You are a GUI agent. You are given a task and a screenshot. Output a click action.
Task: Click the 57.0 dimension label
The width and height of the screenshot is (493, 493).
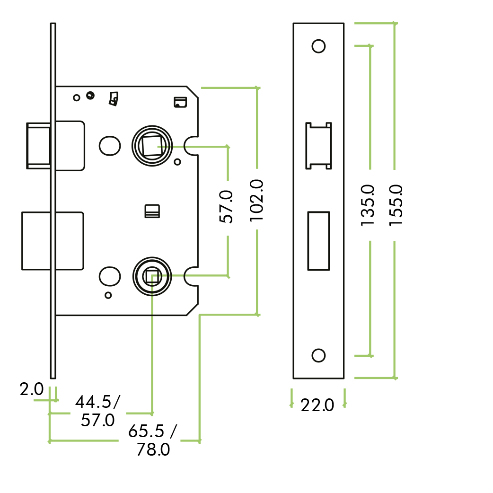click(x=227, y=207)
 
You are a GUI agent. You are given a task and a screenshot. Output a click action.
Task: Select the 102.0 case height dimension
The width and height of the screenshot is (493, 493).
click(x=256, y=201)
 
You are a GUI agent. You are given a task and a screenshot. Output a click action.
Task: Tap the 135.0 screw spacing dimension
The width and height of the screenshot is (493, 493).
click(x=368, y=205)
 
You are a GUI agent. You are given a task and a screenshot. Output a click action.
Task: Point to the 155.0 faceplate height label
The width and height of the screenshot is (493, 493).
click(x=395, y=204)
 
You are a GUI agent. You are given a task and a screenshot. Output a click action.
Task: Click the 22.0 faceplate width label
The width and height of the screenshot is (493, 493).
click(x=317, y=405)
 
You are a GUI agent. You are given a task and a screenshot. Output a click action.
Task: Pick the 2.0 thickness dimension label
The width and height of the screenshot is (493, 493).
click(x=32, y=390)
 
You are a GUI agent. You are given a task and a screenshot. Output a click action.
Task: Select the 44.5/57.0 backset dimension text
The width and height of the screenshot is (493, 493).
click(x=98, y=411)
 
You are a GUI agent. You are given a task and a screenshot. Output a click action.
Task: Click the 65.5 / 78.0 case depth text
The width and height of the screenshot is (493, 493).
click(x=153, y=440)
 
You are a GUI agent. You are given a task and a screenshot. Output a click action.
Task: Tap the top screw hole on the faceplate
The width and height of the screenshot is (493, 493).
click(x=318, y=46)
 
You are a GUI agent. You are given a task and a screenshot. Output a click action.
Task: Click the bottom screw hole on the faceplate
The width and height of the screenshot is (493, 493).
click(x=318, y=355)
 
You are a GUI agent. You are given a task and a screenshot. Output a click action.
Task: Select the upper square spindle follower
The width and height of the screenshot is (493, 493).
click(x=151, y=145)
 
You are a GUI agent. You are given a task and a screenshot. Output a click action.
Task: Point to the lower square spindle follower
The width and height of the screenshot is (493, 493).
click(x=152, y=277)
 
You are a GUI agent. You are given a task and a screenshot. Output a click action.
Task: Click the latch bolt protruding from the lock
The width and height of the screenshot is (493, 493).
click(x=38, y=145)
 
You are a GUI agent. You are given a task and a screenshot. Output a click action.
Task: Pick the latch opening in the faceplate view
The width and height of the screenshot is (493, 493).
click(x=318, y=145)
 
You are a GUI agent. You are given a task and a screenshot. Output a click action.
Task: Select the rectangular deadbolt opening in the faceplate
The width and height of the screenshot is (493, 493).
click(x=318, y=241)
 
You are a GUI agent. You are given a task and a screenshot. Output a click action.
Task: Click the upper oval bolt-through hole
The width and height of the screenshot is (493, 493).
click(x=110, y=145)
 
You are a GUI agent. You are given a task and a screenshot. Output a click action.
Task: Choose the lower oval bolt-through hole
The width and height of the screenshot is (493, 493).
click(x=110, y=276)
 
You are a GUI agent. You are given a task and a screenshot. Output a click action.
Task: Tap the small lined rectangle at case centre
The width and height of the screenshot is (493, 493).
click(x=152, y=211)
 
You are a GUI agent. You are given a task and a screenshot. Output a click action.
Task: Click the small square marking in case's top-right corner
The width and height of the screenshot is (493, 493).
click(x=180, y=102)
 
